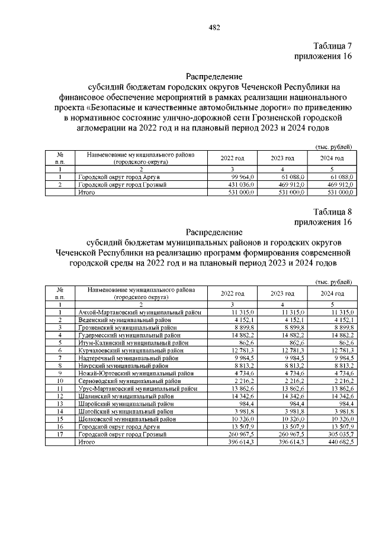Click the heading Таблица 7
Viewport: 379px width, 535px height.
332,46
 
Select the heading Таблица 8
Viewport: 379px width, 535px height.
332,212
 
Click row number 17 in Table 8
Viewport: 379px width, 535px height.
60,435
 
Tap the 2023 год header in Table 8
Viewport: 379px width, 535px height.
282,294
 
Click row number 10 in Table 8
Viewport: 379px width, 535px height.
60,381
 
